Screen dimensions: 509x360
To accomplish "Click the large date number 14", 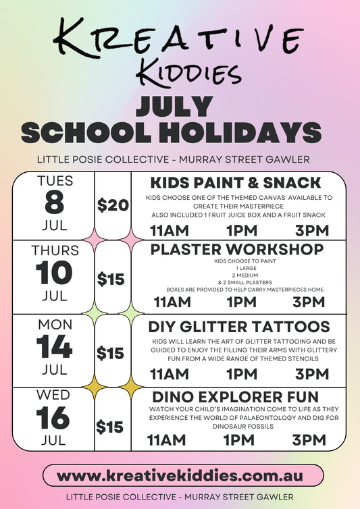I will (55, 347).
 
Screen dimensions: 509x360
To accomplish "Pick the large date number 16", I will (55, 418).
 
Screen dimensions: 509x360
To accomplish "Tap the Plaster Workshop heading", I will (236, 249).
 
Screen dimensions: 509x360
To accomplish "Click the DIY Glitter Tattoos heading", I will (239, 326).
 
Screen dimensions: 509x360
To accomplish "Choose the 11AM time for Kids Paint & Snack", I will (170, 230).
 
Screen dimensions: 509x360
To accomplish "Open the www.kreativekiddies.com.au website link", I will (180, 475).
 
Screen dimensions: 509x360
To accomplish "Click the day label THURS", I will (55, 250).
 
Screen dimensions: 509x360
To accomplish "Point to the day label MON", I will (55, 325).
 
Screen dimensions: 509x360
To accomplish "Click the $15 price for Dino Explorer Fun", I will (109, 427).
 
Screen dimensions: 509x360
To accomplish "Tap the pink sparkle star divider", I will (94, 238).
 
